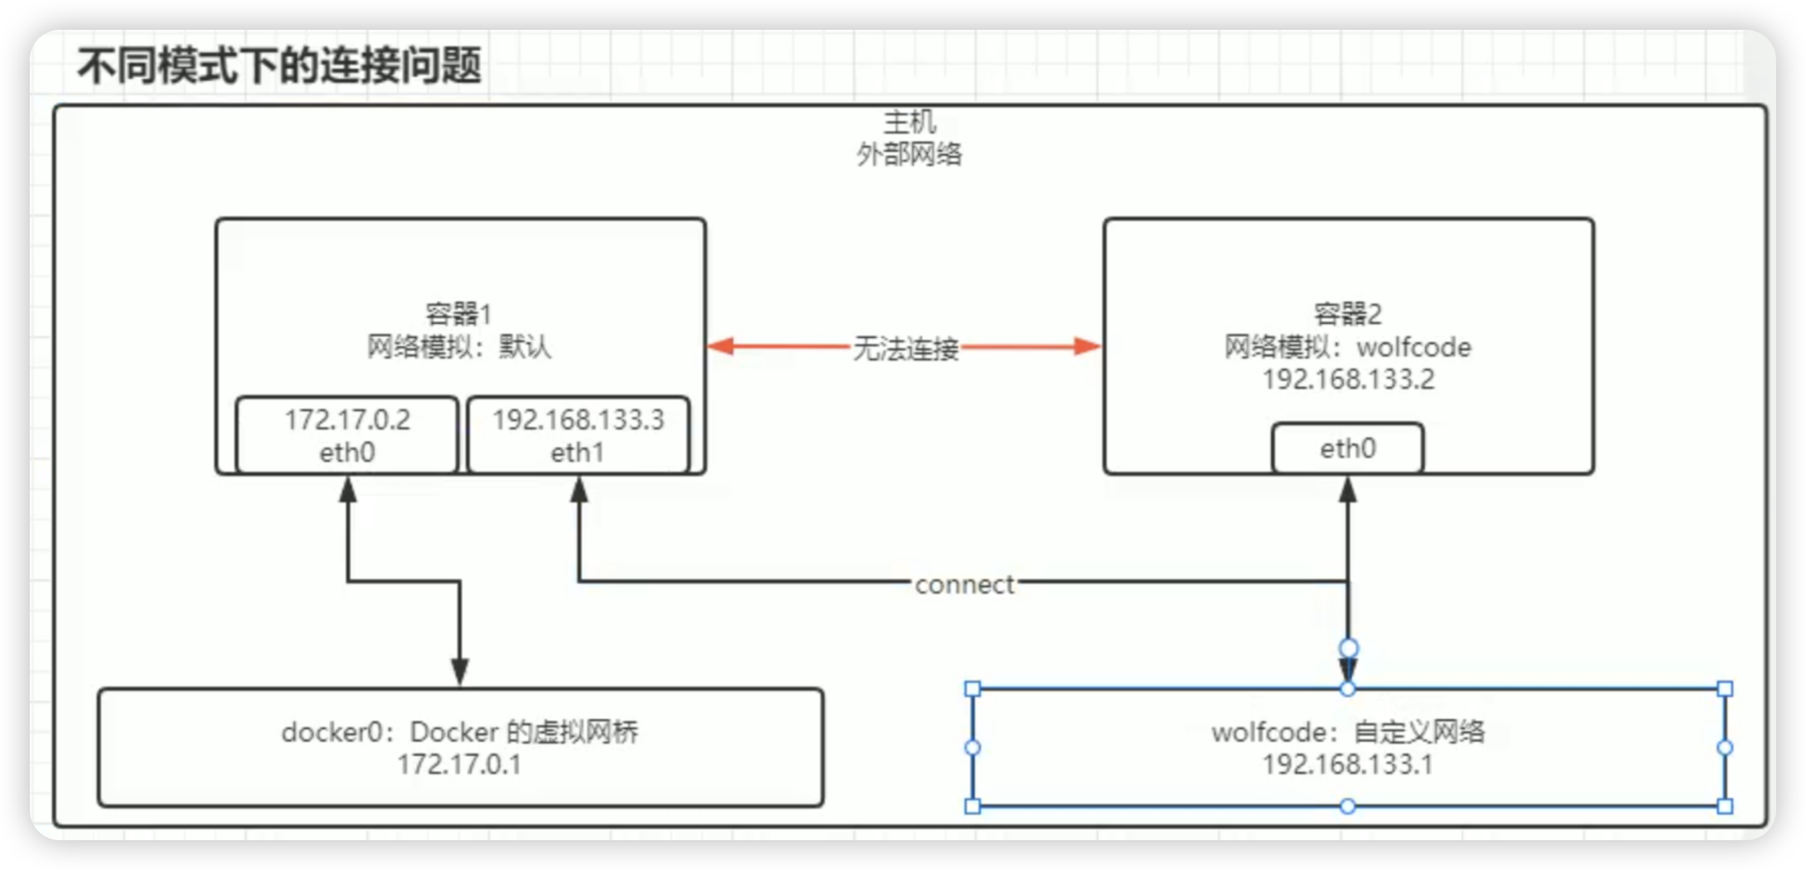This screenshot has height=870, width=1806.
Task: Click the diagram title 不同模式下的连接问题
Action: (x=279, y=65)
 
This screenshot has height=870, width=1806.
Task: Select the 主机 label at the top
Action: (x=909, y=123)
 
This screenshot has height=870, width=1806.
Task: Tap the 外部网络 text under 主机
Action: (x=909, y=154)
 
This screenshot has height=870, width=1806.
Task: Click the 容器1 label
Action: (x=458, y=314)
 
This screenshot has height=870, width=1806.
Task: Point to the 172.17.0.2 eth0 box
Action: (x=347, y=436)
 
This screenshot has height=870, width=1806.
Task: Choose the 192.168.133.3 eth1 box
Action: (x=578, y=436)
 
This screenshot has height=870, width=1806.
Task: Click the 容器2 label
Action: (x=1348, y=314)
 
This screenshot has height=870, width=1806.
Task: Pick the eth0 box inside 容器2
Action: (x=1348, y=448)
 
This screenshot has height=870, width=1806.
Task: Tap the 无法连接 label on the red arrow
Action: (x=905, y=349)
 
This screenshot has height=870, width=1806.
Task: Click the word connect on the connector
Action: (x=964, y=585)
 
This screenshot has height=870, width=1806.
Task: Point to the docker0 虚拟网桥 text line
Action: (x=460, y=732)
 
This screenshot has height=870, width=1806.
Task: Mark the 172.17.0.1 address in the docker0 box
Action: (x=460, y=764)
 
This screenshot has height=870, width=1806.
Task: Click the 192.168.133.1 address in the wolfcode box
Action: (x=1348, y=764)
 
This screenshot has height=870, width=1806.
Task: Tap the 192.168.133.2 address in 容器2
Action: (x=1348, y=379)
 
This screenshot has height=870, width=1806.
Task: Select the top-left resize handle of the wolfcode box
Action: (x=973, y=689)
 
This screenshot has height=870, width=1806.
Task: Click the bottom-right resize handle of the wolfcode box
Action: (x=1725, y=806)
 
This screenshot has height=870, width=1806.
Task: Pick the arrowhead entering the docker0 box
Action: (x=460, y=671)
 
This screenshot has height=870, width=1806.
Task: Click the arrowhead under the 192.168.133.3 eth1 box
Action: (x=579, y=491)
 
